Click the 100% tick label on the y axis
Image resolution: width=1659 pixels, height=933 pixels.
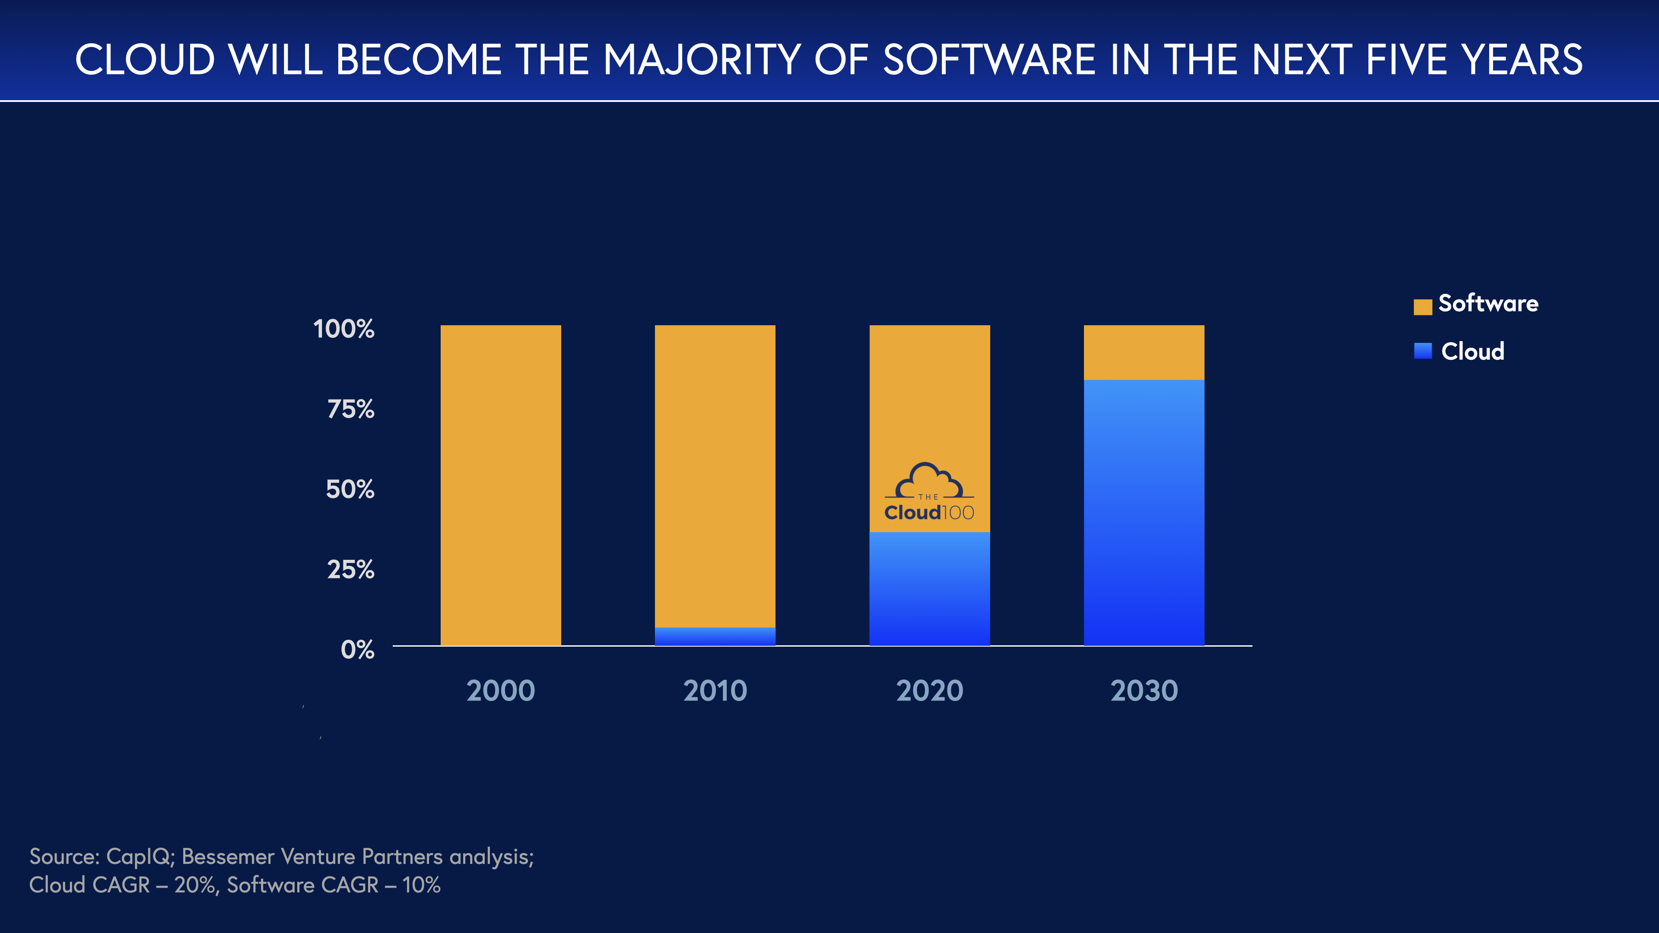[343, 329]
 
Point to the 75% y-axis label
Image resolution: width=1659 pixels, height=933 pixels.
[350, 409]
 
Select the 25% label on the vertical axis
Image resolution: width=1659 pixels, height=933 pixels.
[350, 570]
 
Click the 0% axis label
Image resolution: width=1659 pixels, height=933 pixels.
[357, 650]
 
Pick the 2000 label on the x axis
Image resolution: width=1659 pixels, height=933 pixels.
[500, 691]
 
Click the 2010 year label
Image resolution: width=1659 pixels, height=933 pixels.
[715, 691]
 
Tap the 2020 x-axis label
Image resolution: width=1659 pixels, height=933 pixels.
[929, 691]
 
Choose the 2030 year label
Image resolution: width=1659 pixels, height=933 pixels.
[1144, 691]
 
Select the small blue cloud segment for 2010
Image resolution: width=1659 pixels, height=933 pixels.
[715, 636]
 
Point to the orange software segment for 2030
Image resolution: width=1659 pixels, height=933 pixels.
[1144, 352]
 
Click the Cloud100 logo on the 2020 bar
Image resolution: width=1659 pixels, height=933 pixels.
[929, 492]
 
